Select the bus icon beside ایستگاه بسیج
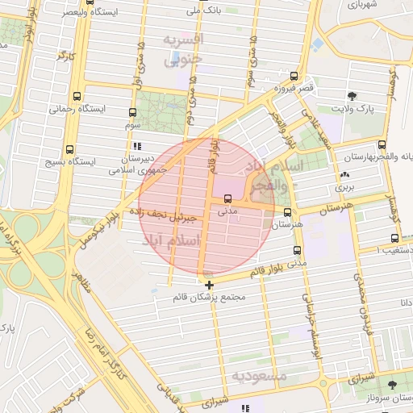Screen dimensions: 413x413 69,149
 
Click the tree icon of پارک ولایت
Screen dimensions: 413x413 353,95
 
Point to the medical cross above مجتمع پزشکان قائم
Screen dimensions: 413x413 210,285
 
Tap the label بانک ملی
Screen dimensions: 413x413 202,10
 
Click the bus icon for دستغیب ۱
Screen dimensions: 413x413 394,238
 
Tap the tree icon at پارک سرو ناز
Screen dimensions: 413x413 392,385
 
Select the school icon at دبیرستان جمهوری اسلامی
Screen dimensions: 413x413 137,147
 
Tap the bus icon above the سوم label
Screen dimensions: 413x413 133,112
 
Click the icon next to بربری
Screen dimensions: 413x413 345,174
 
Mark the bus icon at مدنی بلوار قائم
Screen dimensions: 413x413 298,251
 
